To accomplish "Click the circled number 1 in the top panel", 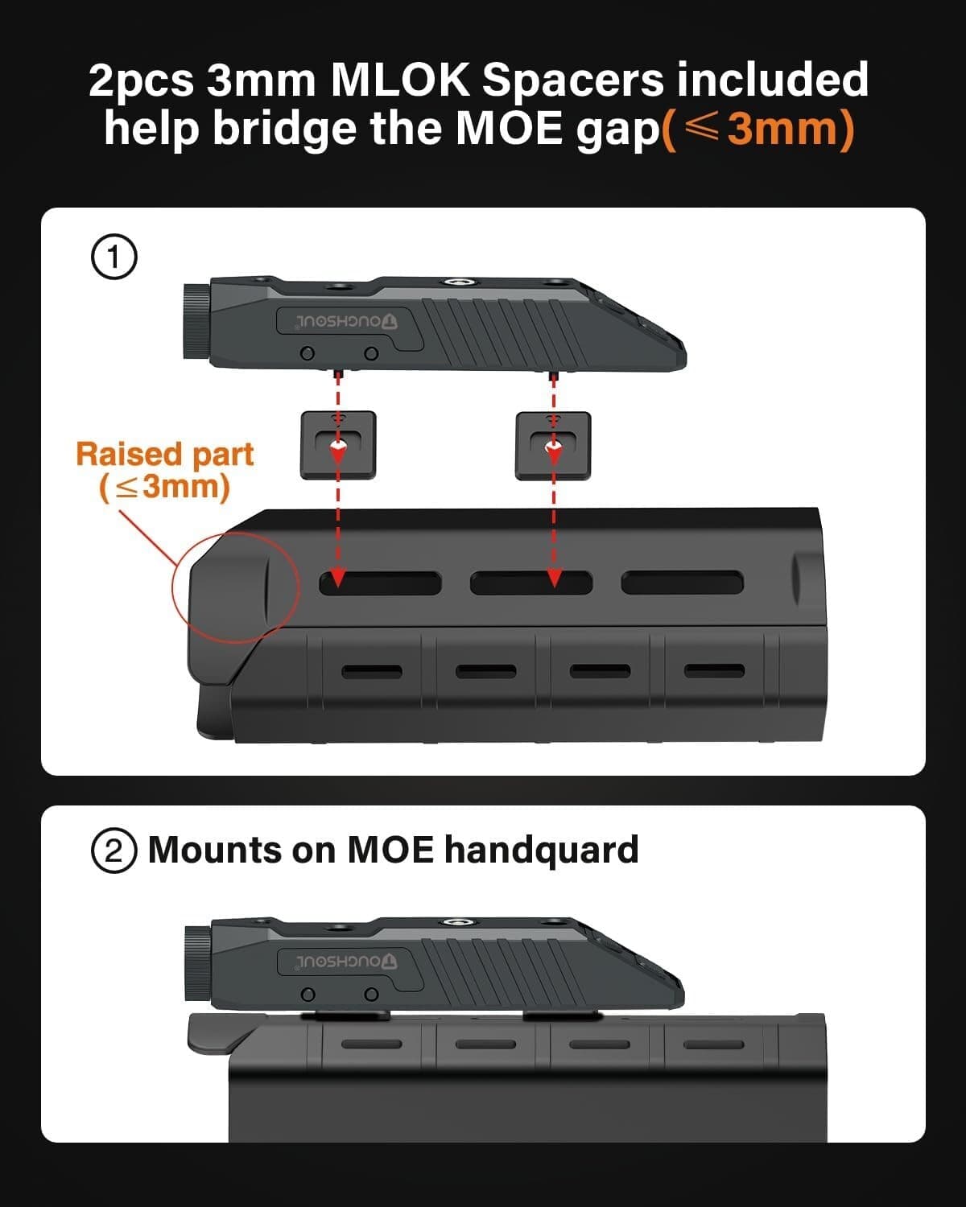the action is (114, 257).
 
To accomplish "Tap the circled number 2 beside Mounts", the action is (114, 851).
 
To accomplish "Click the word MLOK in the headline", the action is (399, 80).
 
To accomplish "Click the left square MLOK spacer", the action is (338, 445).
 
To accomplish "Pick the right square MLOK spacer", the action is (553, 446).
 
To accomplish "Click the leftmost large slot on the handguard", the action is (381, 583).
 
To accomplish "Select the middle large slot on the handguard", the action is (531, 583).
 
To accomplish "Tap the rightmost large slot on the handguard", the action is (682, 583).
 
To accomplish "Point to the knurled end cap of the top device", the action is (196, 320).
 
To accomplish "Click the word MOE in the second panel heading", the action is (390, 850).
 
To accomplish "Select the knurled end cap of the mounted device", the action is (196, 963).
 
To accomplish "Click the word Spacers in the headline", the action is (573, 81).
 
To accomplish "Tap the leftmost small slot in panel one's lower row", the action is (372, 671).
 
